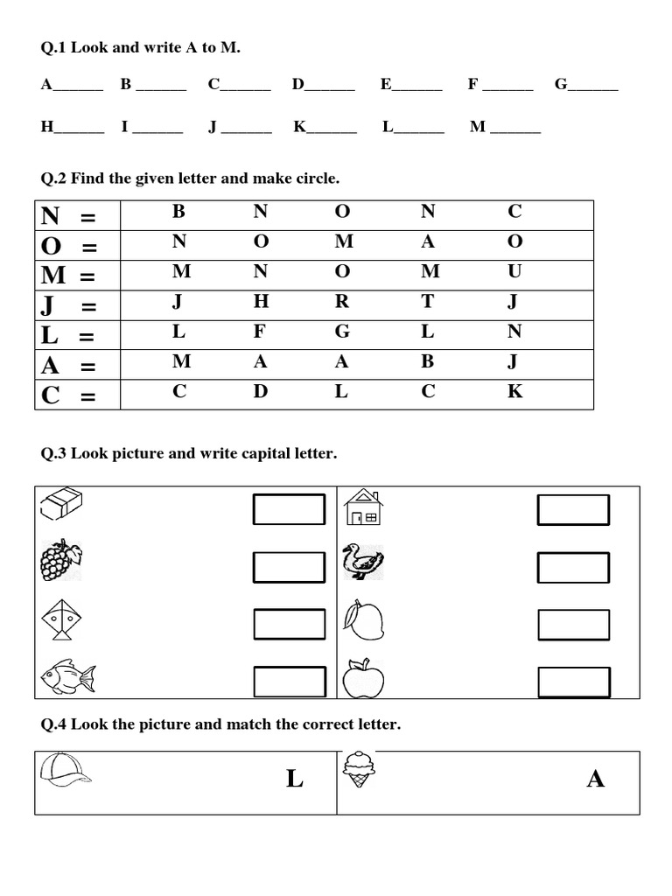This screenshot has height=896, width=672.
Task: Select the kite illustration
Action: (x=59, y=619)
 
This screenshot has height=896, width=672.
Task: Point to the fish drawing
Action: (x=66, y=676)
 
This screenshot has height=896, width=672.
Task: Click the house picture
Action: (x=362, y=507)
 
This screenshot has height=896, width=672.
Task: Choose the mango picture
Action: (x=362, y=619)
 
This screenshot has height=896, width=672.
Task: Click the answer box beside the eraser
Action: (x=289, y=509)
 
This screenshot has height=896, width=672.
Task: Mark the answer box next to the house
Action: (x=573, y=509)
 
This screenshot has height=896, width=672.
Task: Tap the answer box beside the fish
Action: (x=289, y=681)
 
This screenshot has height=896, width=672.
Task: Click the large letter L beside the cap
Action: (x=295, y=779)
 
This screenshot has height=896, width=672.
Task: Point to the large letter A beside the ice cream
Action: (x=596, y=779)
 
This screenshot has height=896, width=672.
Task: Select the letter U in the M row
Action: (x=514, y=271)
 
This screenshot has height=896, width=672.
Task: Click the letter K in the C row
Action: (x=514, y=391)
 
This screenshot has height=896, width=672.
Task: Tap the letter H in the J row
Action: (x=261, y=302)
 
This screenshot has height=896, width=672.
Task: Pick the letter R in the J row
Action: (x=342, y=302)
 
